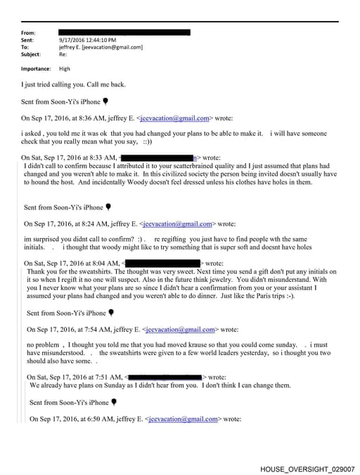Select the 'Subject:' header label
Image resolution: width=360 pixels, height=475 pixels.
[x=32, y=54]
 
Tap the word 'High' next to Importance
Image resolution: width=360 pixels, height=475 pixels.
[x=65, y=69]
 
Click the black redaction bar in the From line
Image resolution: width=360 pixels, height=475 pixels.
[x=124, y=32]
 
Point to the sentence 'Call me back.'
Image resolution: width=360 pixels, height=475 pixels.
[x=107, y=85]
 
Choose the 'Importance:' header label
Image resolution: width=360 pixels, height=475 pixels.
[x=36, y=69]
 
